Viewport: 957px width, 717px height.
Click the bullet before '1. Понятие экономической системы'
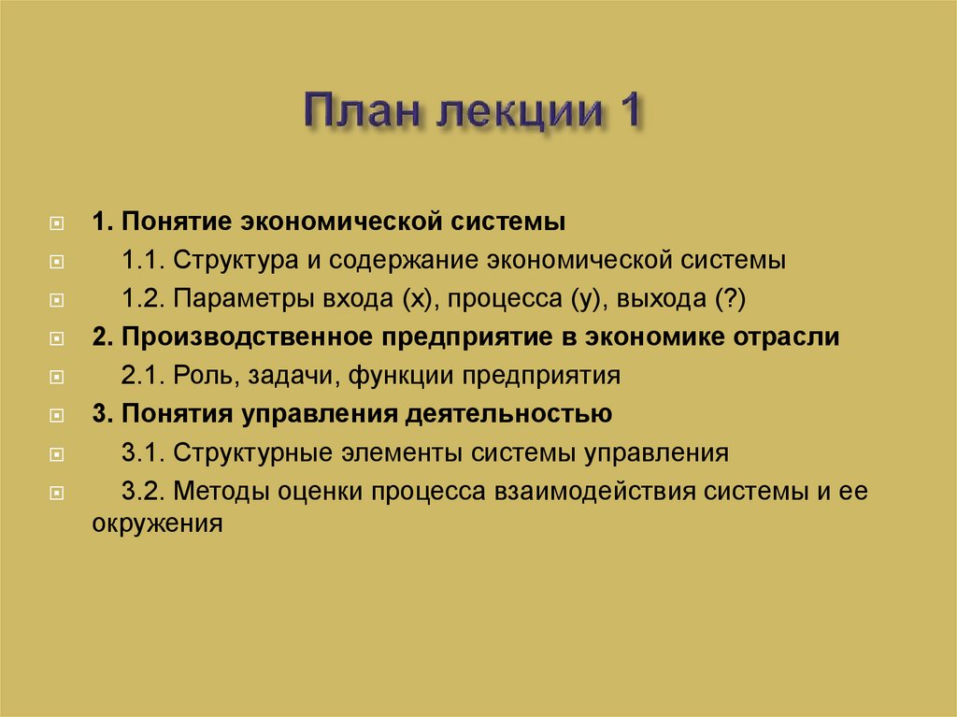coord(58,224)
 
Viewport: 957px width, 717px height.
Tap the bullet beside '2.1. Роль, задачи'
coord(58,378)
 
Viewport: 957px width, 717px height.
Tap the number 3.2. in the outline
coord(143,491)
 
